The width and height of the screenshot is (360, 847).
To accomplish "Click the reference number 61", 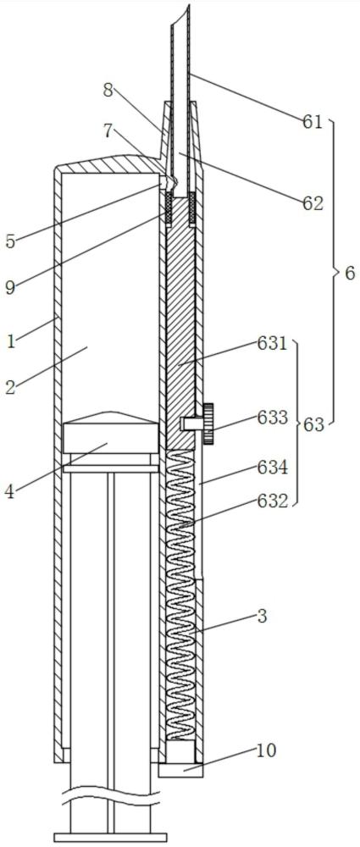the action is click(x=312, y=122).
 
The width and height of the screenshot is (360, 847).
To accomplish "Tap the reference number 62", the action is click(x=313, y=203).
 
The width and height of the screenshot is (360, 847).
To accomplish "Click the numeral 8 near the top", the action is click(x=108, y=91).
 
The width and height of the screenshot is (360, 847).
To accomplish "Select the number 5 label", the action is click(x=10, y=241).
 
